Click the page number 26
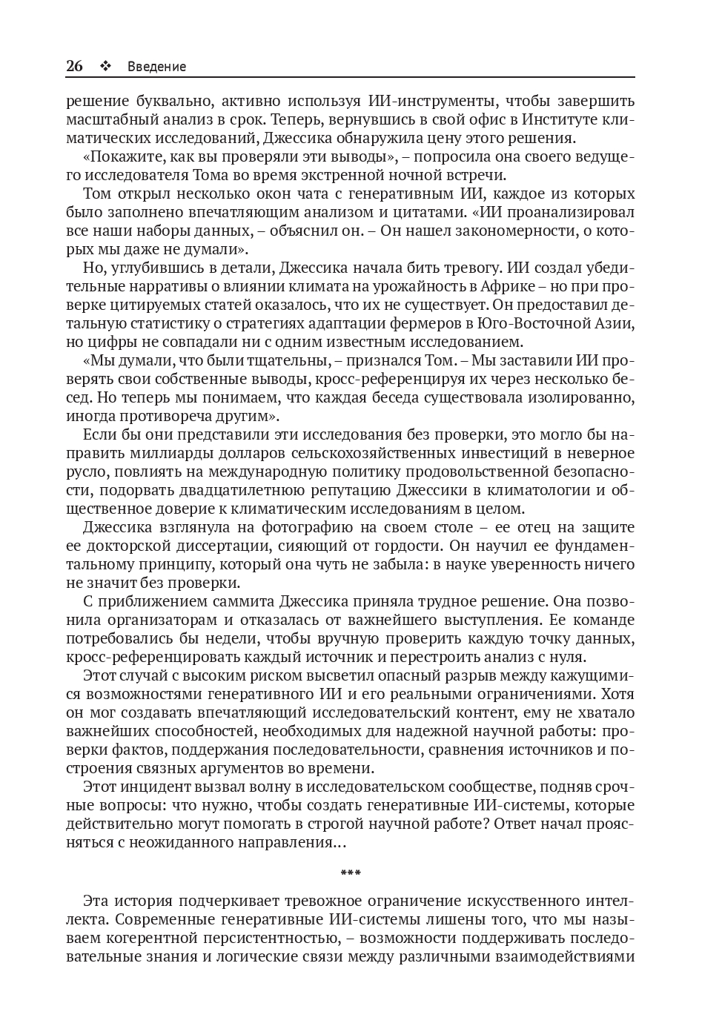point(74,66)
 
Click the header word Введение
point(156,67)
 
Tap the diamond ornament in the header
point(105,66)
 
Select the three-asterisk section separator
point(351,873)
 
